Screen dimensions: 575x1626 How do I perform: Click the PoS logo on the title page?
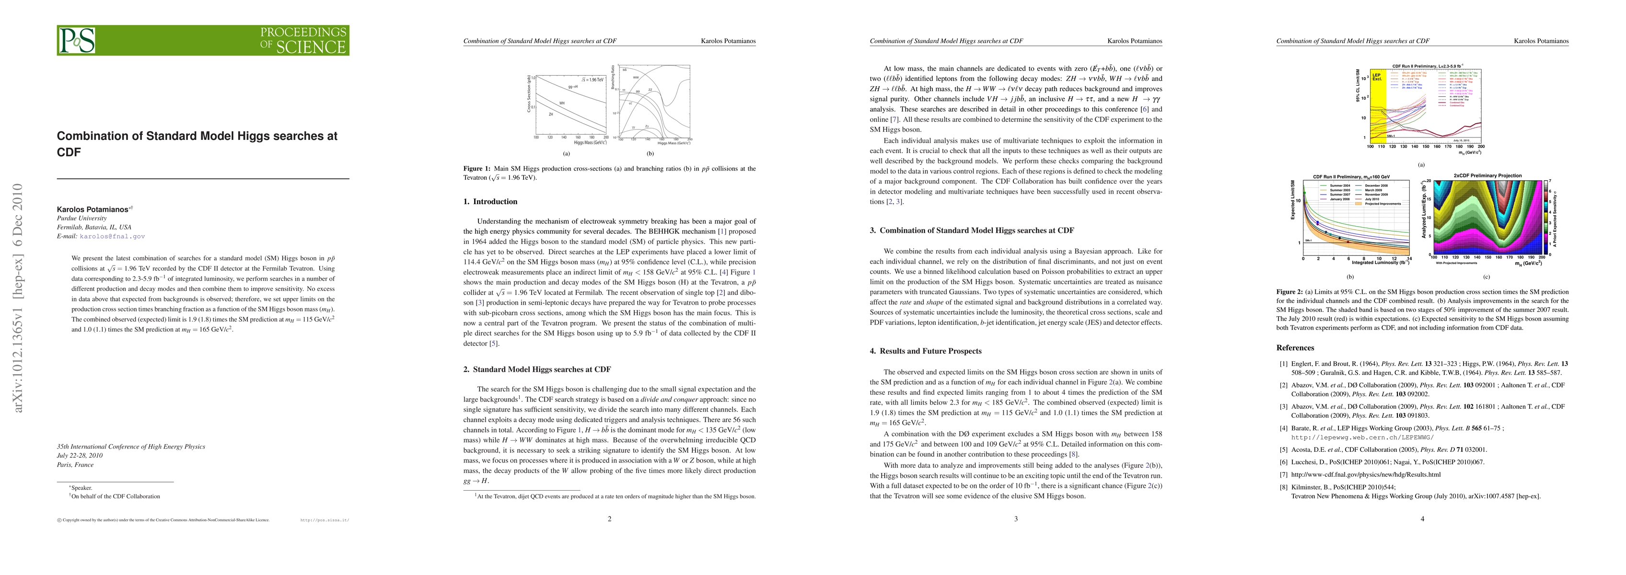[x=77, y=40]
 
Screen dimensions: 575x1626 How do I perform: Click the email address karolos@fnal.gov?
[x=112, y=236]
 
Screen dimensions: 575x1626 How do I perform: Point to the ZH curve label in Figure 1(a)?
[x=550, y=114]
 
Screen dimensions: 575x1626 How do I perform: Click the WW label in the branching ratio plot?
[x=636, y=78]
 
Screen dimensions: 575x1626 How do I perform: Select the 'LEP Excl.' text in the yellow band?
[x=1376, y=77]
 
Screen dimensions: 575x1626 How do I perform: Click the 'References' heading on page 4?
[x=1295, y=348]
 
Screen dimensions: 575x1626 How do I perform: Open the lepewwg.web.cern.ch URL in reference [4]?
[x=1339, y=437]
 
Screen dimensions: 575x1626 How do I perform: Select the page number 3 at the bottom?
[x=1016, y=519]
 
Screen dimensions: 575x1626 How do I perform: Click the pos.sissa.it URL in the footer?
[x=325, y=520]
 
